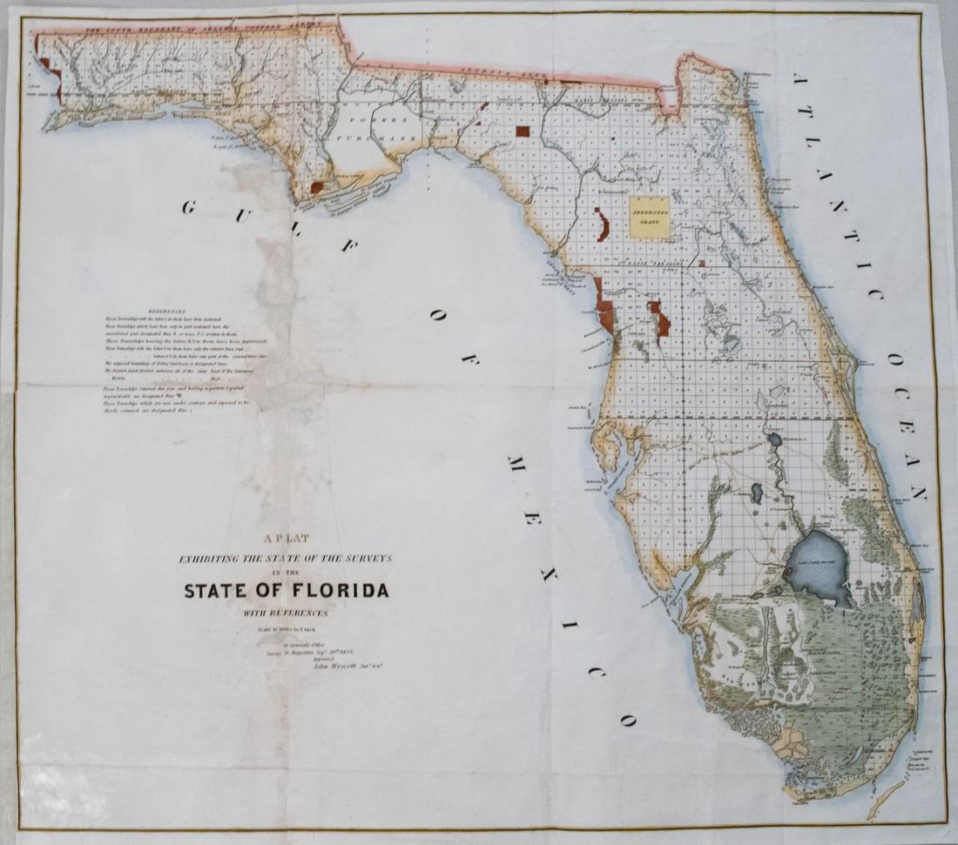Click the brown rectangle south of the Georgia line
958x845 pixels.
click(x=522, y=131)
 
